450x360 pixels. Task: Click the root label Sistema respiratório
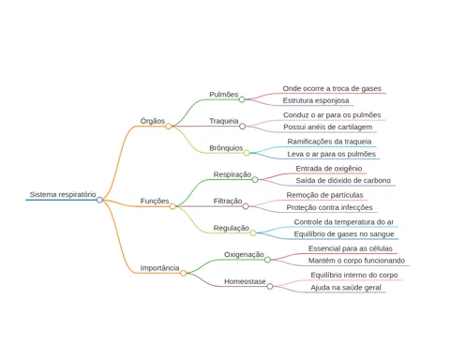[63, 194]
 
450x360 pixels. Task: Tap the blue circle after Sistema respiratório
[99, 200]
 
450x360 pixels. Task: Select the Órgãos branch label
[153, 121]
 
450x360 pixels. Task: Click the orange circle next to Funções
[172, 206]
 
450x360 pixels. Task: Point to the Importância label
[159, 268]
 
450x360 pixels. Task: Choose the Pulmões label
[224, 95]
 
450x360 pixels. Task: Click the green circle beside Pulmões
[242, 99]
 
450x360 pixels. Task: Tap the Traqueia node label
[224, 121]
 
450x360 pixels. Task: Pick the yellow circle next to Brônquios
[247, 153]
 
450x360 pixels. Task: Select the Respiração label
[232, 174]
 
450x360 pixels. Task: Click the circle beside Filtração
[246, 206]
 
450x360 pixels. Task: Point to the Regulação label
[232, 228]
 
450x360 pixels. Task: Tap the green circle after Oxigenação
[267, 260]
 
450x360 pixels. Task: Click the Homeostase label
[245, 281]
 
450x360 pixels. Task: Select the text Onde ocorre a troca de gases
[332, 88]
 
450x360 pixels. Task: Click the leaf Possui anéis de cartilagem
[328, 127]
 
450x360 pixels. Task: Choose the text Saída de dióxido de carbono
[343, 180]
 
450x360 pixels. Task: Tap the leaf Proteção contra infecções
[329, 207]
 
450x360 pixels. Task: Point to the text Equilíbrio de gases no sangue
[344, 234]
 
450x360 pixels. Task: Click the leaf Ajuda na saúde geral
[346, 288]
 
